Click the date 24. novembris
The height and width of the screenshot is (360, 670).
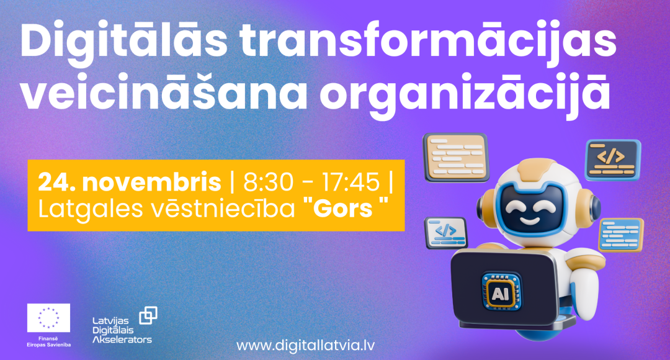pos(129,182)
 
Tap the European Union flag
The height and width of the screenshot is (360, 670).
pos(49,317)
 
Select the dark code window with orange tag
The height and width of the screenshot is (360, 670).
pos(612,160)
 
